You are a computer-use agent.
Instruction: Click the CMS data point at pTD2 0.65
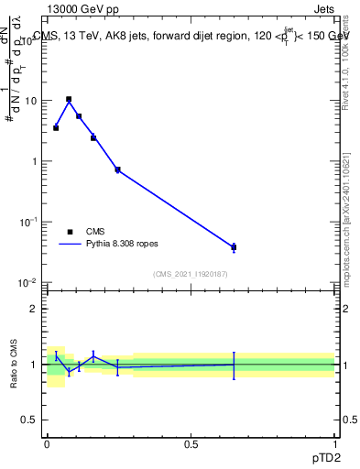(234, 247)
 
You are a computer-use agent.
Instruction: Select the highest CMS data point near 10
(69, 99)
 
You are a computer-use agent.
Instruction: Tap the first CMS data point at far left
(56, 127)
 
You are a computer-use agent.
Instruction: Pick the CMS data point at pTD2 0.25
(117, 169)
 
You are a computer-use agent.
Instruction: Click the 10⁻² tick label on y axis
(29, 282)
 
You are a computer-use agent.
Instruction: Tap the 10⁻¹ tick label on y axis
(29, 222)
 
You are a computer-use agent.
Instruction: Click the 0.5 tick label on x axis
(191, 443)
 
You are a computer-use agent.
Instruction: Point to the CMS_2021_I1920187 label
(191, 274)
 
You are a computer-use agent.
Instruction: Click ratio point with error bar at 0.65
(234, 365)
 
